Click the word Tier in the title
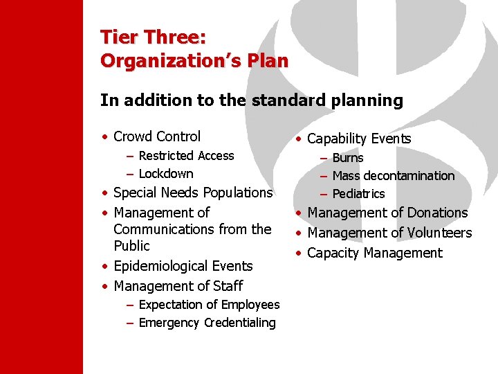click(118, 37)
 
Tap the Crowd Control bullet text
click(157, 136)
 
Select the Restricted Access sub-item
click(186, 156)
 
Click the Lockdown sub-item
click(166, 174)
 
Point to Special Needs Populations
click(193, 193)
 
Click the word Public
click(131, 246)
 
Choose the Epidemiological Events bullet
click(183, 266)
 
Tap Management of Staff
click(178, 286)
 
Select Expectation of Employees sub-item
click(209, 305)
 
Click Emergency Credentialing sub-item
click(207, 323)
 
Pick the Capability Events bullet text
click(359, 139)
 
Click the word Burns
click(348, 158)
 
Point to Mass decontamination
click(394, 176)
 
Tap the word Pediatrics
click(358, 194)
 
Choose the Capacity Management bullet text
click(374, 253)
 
